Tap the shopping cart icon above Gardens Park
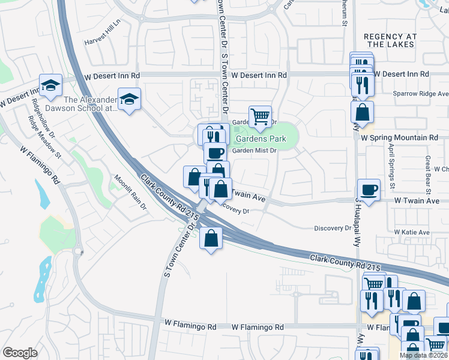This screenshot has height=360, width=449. coord(260,116)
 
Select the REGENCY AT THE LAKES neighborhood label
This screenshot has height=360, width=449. coord(390,40)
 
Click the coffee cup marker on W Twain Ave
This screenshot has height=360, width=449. coord(369,190)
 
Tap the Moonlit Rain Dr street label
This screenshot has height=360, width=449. coord(131,192)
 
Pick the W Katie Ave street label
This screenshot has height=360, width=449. coord(412,232)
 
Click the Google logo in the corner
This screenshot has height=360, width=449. coord(20,353)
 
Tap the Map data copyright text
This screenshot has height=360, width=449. coord(423,355)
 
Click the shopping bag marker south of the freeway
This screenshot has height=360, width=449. coord(211,238)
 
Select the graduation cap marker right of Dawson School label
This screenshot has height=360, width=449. coord(129,99)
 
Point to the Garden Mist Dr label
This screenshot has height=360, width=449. coord(254,151)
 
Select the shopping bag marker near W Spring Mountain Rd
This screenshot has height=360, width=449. coord(362,112)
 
